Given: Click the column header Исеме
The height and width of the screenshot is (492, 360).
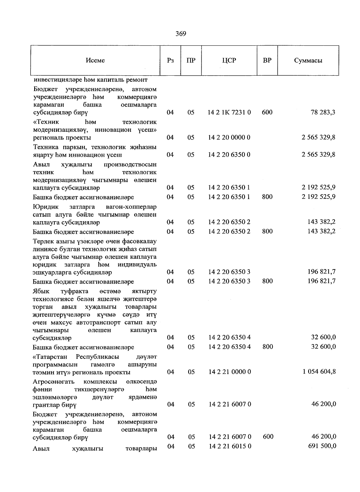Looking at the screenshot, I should (x=95, y=60).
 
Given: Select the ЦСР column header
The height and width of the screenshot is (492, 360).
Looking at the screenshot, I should (x=229, y=60).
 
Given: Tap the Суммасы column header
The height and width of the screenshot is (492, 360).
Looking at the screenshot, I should (x=308, y=60).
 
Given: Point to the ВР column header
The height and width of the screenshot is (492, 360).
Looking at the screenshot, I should (x=267, y=60).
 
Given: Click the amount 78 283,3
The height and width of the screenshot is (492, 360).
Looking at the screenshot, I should (x=323, y=112).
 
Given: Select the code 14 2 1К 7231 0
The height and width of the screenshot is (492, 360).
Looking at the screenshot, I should (x=229, y=112).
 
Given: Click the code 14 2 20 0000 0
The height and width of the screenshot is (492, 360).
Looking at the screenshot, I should (x=229, y=137).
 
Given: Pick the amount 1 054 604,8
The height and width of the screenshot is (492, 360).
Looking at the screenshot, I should (x=319, y=372).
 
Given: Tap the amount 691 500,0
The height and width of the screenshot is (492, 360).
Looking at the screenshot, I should (x=322, y=446).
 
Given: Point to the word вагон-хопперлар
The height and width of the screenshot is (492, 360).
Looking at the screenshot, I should (x=131, y=207).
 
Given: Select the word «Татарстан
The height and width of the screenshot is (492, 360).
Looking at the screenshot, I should (x=50, y=357).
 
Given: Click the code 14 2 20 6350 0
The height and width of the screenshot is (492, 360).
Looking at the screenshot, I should (x=229, y=155).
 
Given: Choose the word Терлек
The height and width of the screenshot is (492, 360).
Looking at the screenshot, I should (x=43, y=241).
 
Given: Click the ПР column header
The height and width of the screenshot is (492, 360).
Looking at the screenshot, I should (x=191, y=60).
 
